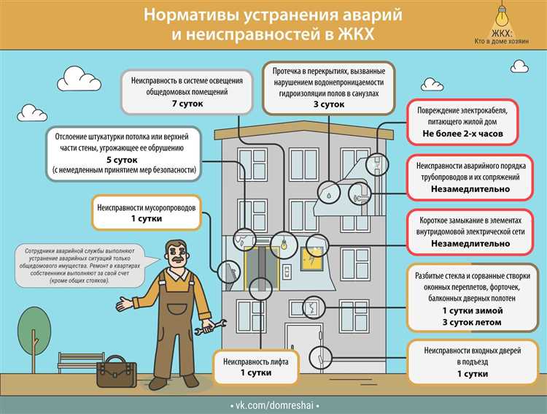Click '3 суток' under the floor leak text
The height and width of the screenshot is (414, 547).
pyautogui.click(x=329, y=104)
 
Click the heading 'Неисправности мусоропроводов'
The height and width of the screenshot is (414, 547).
pyautogui.click(x=145, y=207)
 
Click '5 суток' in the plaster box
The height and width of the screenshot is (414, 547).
pyautogui.click(x=123, y=159)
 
